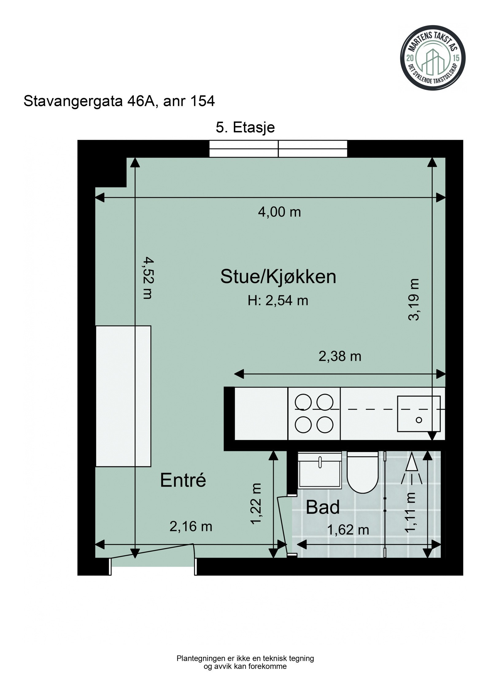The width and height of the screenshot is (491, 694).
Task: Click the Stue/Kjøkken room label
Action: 278,277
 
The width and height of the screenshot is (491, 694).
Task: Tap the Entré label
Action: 183,480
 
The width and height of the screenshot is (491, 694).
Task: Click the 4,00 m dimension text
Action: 279,212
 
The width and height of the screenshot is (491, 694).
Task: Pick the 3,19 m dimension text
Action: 413,299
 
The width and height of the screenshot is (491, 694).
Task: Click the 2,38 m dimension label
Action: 340,356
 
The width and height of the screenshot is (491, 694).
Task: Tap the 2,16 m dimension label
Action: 191,526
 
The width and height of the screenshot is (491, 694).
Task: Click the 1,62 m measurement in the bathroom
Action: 348,530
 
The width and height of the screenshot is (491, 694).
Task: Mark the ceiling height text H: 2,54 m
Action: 278,301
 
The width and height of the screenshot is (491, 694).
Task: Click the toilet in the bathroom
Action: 362,473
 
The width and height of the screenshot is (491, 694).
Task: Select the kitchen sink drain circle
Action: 419,420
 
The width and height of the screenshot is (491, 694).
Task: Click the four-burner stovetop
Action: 314,413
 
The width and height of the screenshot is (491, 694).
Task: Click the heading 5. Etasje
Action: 245,127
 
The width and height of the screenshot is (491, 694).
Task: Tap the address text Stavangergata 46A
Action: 91,101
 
